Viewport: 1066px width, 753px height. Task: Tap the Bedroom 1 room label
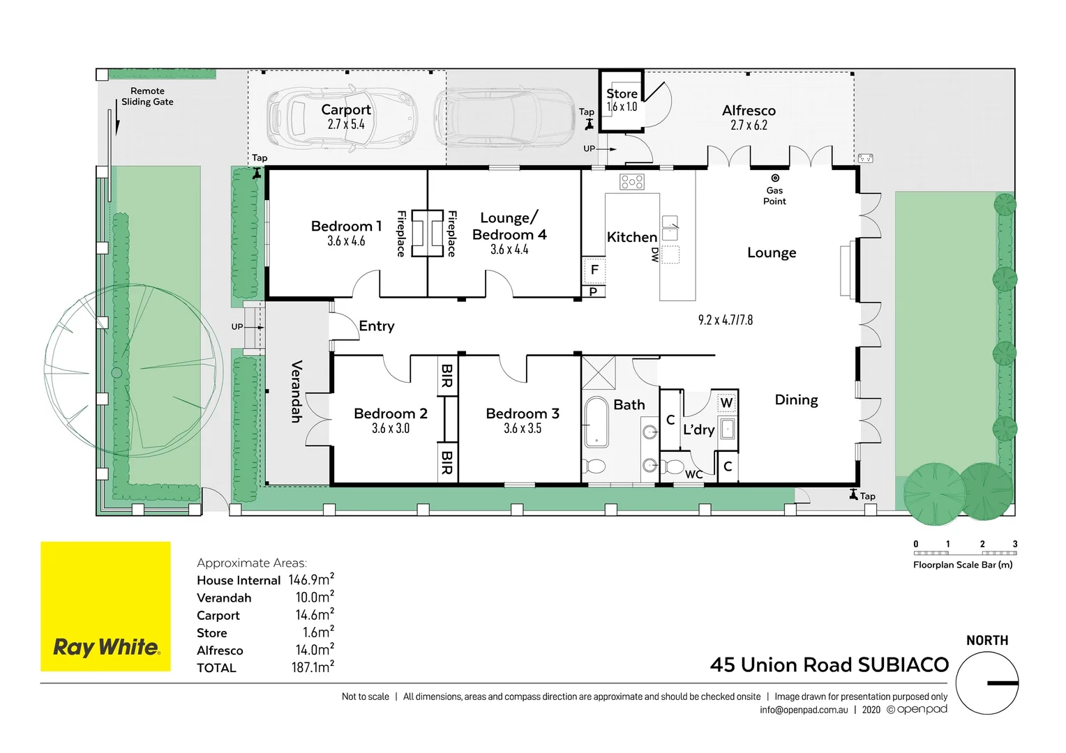pyautogui.click(x=346, y=227)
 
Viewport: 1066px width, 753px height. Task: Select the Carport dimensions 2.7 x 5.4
pyautogui.click(x=346, y=125)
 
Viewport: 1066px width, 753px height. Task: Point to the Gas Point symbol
pyautogui.click(x=774, y=178)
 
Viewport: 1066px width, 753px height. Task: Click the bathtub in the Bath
pyautogui.click(x=596, y=421)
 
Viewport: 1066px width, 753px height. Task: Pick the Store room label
pyautogui.click(x=622, y=93)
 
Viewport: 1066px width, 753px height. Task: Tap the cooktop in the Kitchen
pyautogui.click(x=632, y=183)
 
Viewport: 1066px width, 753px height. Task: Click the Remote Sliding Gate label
pyautogui.click(x=147, y=96)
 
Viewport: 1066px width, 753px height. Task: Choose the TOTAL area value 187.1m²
pyautogui.click(x=313, y=667)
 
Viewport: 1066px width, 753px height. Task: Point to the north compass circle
pyautogui.click(x=986, y=683)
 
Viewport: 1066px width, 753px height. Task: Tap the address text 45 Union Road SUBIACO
pyautogui.click(x=829, y=665)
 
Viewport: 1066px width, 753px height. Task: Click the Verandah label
pyautogui.click(x=296, y=391)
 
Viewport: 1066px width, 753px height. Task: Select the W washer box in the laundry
pyautogui.click(x=726, y=403)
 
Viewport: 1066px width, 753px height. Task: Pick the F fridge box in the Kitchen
pyautogui.click(x=594, y=270)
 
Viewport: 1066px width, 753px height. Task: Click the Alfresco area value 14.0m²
pyautogui.click(x=315, y=650)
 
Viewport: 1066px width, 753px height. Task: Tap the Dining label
pyautogui.click(x=796, y=400)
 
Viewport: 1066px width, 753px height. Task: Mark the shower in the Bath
pyautogui.click(x=599, y=372)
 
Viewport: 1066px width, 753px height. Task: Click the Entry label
pyautogui.click(x=377, y=326)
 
